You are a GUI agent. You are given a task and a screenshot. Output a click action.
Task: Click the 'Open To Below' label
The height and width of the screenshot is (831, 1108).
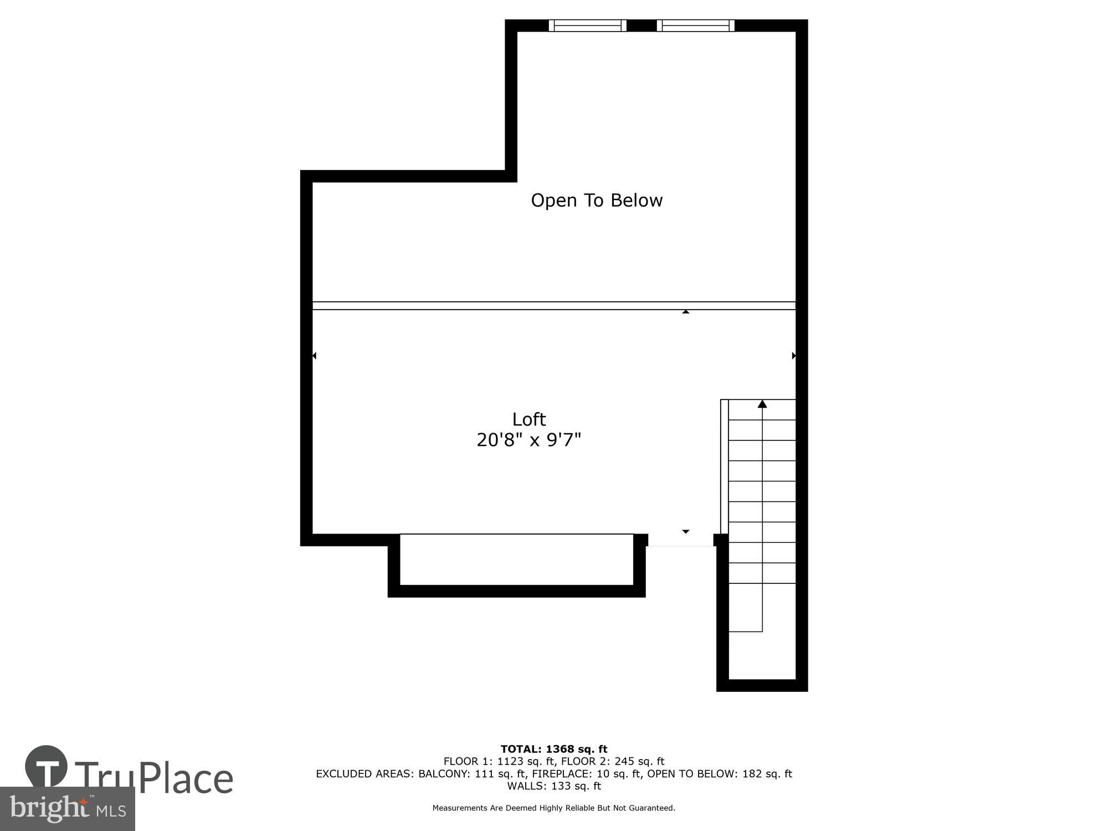point(597,200)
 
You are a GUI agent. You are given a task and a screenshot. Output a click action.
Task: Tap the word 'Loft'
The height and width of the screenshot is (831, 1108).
point(529,419)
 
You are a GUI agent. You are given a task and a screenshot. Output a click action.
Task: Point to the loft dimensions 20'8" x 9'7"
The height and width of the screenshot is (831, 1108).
point(529,440)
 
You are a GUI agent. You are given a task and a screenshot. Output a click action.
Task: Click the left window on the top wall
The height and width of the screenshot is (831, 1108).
point(587,25)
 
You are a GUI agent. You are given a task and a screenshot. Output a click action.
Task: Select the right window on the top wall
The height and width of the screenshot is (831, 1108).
point(695,25)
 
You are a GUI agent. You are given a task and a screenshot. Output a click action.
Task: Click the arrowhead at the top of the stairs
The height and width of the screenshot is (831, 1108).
point(762,404)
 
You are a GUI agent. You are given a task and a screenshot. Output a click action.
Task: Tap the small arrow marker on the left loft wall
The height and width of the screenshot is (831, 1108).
point(314,356)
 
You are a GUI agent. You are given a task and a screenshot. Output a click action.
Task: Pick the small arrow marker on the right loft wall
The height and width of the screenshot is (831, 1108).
point(794,356)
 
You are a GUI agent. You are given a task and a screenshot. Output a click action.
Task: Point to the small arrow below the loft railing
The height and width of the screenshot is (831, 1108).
point(686,312)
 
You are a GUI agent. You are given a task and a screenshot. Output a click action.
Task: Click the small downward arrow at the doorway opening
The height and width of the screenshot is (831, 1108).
point(686,531)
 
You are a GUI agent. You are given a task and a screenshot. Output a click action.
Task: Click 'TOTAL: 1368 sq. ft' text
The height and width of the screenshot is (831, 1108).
point(554,750)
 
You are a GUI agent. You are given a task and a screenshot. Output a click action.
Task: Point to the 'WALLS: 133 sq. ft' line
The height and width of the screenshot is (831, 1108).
point(554,786)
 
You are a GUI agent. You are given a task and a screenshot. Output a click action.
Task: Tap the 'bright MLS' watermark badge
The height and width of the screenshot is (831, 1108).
point(68,809)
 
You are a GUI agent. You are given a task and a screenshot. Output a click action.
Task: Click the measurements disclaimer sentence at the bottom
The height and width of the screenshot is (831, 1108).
point(554,808)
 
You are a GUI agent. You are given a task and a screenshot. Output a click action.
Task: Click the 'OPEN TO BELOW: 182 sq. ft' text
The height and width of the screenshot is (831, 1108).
point(720,774)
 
